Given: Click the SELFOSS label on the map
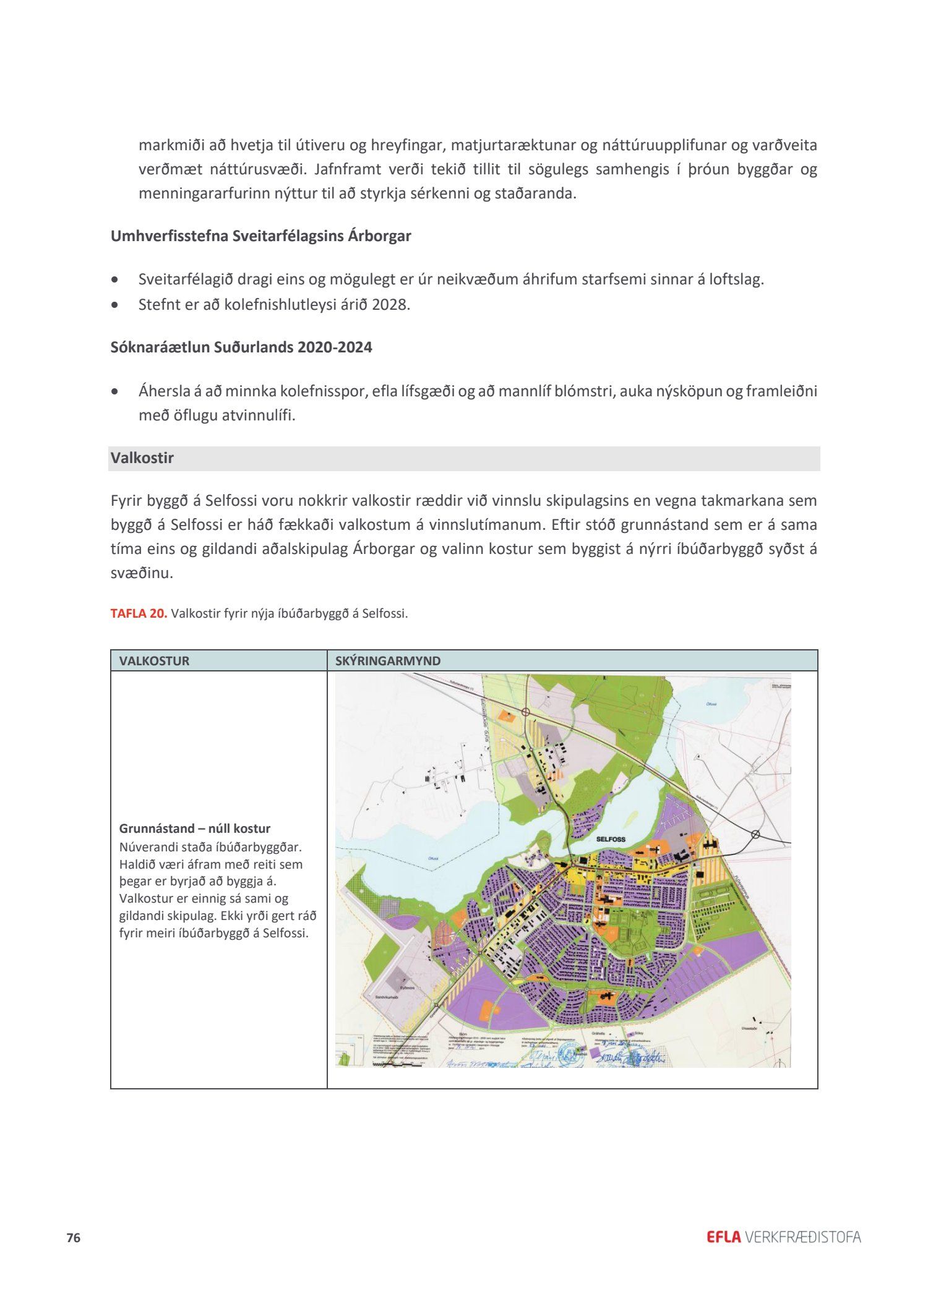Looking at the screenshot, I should (x=611, y=840).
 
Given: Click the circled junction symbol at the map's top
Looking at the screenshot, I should (x=525, y=712).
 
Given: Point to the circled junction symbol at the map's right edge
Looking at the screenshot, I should (x=755, y=835).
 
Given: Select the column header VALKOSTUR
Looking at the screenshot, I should (x=154, y=660).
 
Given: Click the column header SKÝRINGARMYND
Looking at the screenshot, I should (x=388, y=660).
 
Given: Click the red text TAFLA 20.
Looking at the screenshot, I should (x=139, y=613).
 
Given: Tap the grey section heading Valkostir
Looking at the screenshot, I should (x=142, y=458).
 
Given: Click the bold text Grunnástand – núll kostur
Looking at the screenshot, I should (x=195, y=829).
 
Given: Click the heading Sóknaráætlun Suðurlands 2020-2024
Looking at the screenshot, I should (x=241, y=347).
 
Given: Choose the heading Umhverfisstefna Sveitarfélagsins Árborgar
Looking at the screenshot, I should (x=260, y=236).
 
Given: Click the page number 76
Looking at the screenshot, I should (x=74, y=1238).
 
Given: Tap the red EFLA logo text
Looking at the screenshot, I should (x=723, y=1237).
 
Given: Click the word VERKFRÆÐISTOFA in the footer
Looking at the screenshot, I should (x=803, y=1237).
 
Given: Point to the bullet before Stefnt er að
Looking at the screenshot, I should (x=114, y=305).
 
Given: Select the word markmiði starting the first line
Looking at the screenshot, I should (x=172, y=145).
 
